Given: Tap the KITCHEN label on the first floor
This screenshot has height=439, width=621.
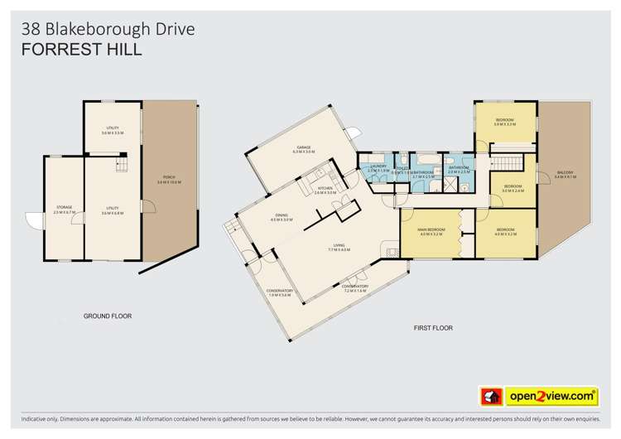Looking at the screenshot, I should [325, 188].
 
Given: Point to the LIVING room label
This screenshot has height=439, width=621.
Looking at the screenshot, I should [339, 245].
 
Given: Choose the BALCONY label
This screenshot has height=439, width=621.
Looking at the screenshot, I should [565, 172].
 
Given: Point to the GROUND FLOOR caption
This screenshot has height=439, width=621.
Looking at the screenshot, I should [108, 316].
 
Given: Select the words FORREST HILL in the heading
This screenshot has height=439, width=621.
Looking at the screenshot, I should [81, 50].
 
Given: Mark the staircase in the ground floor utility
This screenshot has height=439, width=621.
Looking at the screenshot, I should [121, 166].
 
